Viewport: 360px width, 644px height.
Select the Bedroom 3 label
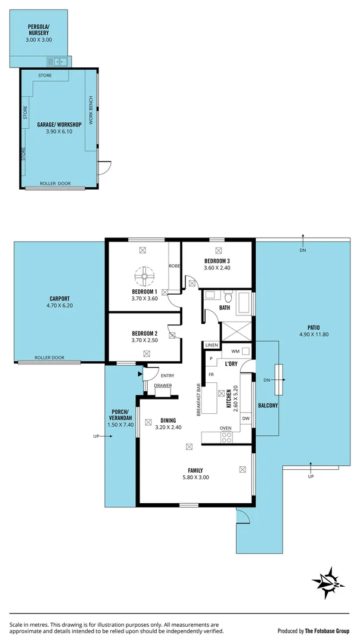(217, 261)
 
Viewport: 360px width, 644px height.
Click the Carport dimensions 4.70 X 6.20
(60, 306)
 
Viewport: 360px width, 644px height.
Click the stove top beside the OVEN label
(226, 437)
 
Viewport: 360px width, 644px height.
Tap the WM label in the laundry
(235, 351)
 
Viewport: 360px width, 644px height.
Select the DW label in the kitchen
(246, 419)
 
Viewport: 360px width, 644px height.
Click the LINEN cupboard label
(212, 345)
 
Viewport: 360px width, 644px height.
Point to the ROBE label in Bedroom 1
(175, 266)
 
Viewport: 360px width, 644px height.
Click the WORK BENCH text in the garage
(91, 110)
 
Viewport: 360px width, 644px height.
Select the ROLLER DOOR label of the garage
(55, 184)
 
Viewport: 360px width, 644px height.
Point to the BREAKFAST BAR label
(197, 399)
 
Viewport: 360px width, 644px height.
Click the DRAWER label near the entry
(163, 385)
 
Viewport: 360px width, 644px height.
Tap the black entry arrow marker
(140, 374)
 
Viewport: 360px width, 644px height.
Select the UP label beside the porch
(96, 436)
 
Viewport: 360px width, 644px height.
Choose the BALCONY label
(266, 405)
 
